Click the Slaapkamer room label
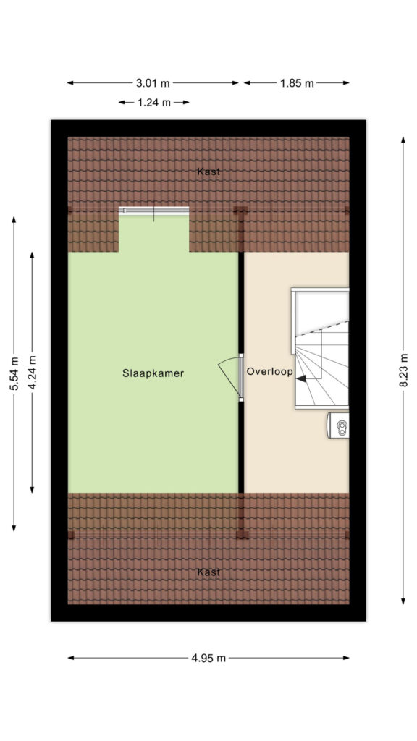pos(153,373)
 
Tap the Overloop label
pos(270,371)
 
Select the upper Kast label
pos(208,172)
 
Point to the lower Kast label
pos(208,572)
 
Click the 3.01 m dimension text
pos(153,83)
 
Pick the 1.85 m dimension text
pos(297,84)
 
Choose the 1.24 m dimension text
pos(154,103)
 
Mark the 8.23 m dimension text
pos(403,370)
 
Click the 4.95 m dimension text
pos(208,658)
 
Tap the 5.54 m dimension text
pos(14,373)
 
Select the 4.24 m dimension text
pos(32,373)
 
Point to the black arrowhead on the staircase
pos(300,378)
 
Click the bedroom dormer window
pos(153,211)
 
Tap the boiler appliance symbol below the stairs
pos(339,425)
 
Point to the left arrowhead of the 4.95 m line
pos(72,658)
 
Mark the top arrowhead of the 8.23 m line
pos(403,140)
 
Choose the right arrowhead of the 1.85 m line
pos(345,83)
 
